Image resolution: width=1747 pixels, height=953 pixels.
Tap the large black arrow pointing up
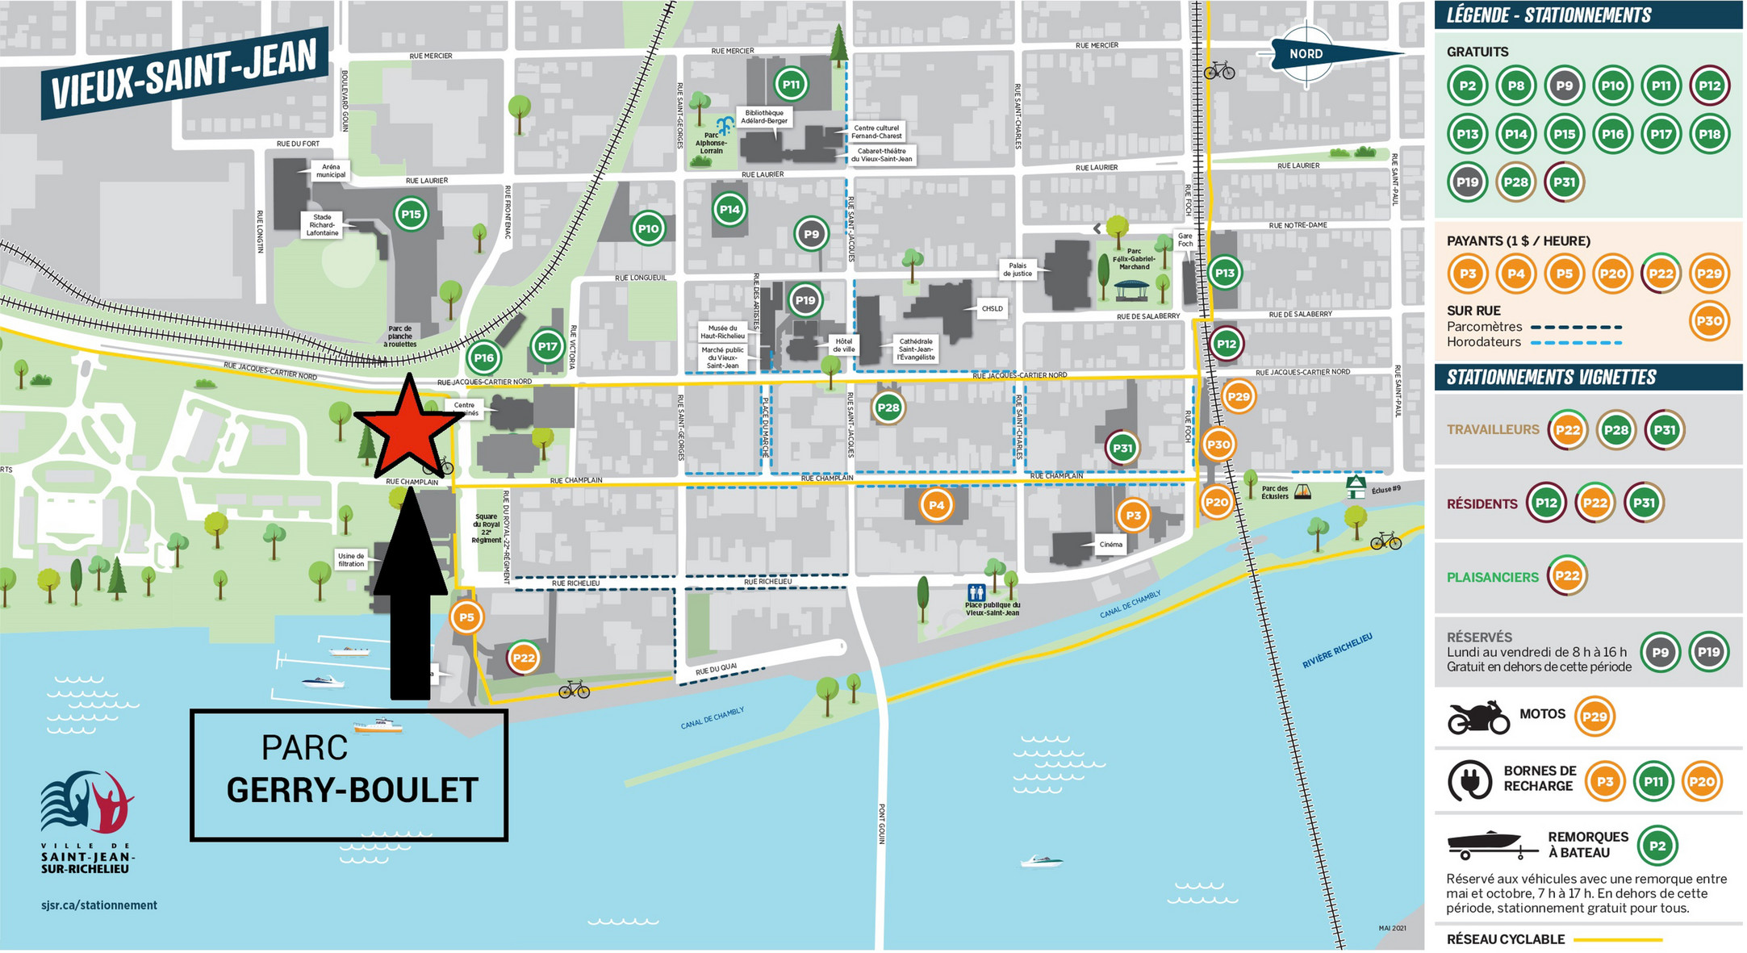tap(410, 597)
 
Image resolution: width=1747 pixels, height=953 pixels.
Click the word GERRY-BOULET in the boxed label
tap(353, 790)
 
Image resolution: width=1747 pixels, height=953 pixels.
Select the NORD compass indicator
tap(1307, 54)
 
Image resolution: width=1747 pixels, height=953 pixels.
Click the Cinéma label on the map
tap(1110, 545)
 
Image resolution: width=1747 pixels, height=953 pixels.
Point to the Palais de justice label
tap(1018, 270)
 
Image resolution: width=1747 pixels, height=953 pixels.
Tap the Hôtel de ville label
tap(844, 345)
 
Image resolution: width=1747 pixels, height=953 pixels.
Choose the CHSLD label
tap(992, 308)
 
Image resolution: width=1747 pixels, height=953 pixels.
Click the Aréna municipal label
tap(331, 170)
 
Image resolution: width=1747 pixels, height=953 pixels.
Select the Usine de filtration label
tap(351, 560)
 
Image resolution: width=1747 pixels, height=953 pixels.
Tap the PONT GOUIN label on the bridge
tap(882, 823)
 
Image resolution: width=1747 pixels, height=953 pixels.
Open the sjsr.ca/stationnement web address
tap(99, 905)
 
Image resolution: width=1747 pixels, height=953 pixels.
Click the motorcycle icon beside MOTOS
tap(1478, 717)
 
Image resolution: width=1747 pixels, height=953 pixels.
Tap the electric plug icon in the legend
tap(1470, 781)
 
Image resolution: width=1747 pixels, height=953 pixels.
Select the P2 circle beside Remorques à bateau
tap(1657, 846)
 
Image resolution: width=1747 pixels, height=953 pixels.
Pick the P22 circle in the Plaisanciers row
tap(1567, 576)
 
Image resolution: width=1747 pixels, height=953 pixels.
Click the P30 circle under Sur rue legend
tap(1709, 320)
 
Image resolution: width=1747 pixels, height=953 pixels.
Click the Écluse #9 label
tap(1386, 489)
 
